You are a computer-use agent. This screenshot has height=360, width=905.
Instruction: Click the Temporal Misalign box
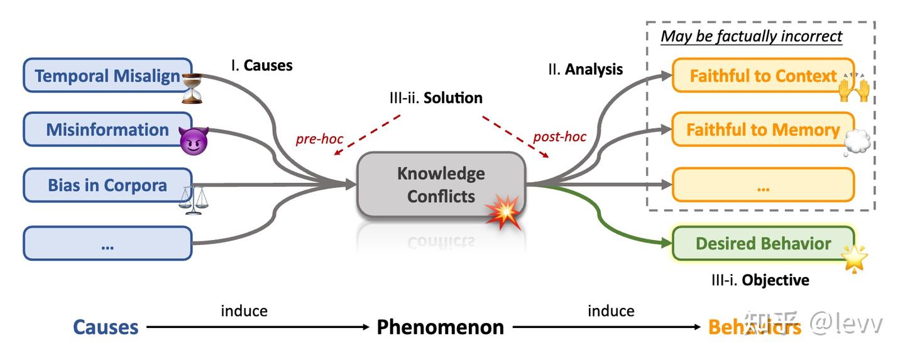tap(107, 77)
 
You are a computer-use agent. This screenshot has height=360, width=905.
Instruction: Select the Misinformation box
tap(107, 130)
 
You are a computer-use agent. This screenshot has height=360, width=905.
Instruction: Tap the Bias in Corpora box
tap(107, 185)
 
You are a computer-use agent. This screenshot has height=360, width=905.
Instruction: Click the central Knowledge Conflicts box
tap(441, 184)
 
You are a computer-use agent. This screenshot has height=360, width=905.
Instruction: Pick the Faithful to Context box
tap(763, 76)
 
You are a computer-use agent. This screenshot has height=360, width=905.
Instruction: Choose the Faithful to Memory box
tap(763, 130)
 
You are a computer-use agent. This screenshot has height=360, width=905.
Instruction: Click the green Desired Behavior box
tap(763, 244)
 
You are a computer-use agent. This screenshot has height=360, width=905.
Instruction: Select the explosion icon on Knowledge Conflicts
tap(505, 212)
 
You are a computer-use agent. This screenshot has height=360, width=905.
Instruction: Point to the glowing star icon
tap(854, 258)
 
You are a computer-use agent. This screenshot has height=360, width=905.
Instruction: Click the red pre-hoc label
tap(319, 139)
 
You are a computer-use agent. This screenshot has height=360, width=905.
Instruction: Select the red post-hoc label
tap(559, 137)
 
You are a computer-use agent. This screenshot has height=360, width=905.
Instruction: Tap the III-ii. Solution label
tap(436, 98)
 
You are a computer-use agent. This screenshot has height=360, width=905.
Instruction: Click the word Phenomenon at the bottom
tap(440, 327)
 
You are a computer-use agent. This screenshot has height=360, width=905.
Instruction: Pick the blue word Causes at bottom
tap(106, 327)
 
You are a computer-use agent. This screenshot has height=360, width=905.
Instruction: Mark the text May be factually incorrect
tap(751, 36)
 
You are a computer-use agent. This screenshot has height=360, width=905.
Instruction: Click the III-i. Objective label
tap(760, 280)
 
